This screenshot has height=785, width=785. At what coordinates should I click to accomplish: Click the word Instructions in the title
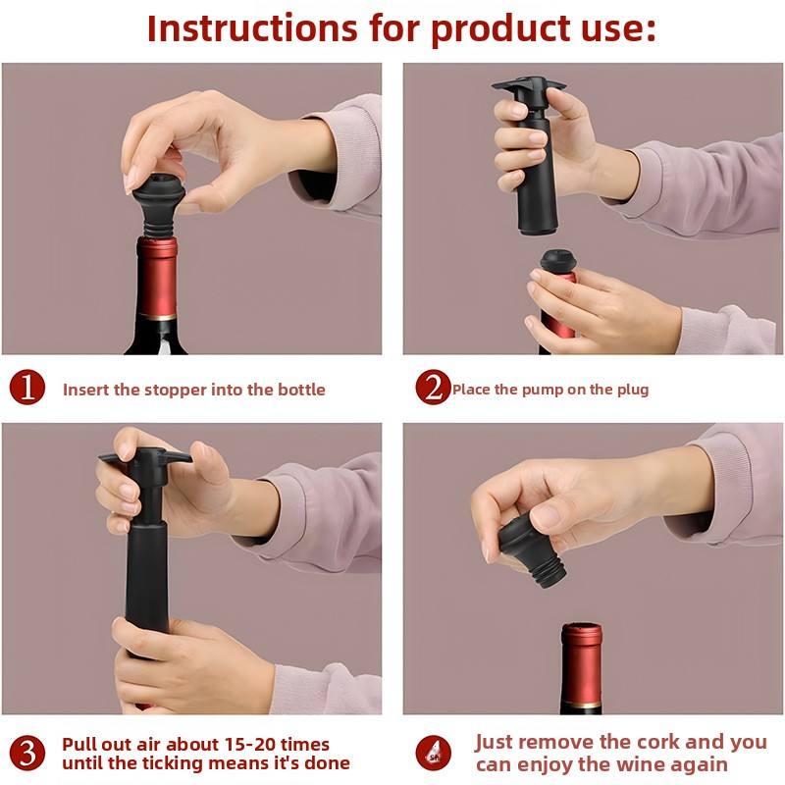point(252,28)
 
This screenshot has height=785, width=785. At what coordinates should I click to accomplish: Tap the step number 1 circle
point(27,388)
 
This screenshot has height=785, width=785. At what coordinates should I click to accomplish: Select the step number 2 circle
point(433,387)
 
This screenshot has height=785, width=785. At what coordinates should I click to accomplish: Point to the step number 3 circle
point(27,753)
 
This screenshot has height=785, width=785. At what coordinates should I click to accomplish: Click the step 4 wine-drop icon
point(433,753)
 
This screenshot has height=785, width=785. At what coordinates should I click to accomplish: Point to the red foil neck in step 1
point(157,277)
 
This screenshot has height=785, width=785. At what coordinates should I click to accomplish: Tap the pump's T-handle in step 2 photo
point(529,86)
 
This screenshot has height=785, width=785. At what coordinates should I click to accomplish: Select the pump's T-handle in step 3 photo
point(145,457)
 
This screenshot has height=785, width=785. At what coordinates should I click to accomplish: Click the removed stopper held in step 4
point(532,550)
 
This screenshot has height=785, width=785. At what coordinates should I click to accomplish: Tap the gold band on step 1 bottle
point(157,316)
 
